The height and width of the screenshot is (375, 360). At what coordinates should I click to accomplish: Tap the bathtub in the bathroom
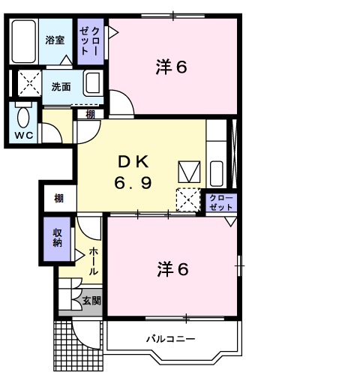coord(24,41)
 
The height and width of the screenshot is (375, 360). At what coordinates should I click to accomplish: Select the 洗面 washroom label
coord(61,86)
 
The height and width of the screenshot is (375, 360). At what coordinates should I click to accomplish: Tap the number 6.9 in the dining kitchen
coord(136,182)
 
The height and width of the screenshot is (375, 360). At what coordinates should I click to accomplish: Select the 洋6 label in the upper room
coord(170,67)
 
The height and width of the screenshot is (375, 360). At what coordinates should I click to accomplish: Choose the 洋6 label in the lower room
coord(172,268)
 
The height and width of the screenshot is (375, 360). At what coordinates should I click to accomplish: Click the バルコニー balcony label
coord(170,339)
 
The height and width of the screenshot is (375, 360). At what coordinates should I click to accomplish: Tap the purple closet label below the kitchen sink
coord(221,202)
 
